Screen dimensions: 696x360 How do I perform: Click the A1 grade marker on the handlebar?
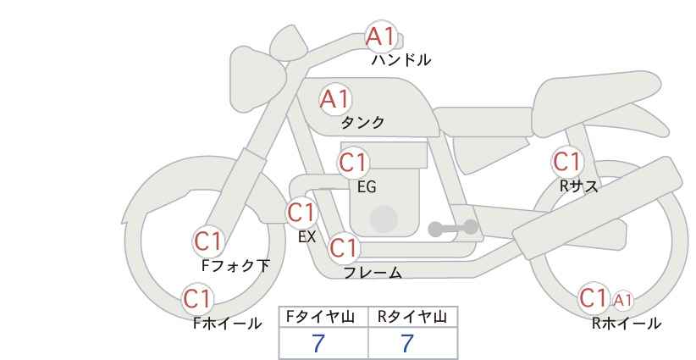381,36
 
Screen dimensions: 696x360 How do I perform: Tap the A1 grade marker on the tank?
335,99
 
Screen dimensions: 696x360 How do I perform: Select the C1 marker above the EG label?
353,163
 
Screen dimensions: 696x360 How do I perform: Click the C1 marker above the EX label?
301,213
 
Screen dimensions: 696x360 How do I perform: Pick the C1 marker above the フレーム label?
344,247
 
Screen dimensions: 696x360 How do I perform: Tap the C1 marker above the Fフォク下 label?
208,241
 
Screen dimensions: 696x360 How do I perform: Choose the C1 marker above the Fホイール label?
197,298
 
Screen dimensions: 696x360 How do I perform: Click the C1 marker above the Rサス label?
566,162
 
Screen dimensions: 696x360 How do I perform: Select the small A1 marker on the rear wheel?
623,301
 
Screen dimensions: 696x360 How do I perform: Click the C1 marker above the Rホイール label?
594,297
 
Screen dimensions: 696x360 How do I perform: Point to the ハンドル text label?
401,60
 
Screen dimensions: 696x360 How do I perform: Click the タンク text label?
362,122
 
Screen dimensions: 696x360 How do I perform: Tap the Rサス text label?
579,186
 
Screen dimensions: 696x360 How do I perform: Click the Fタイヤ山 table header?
320,317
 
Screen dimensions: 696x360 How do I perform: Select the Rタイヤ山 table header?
412,317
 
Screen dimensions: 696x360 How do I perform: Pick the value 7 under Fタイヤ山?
318,343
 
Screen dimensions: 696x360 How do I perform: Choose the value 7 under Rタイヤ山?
407,343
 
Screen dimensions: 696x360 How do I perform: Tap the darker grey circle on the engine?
384,219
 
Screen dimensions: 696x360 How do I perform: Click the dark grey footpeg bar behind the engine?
453,228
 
